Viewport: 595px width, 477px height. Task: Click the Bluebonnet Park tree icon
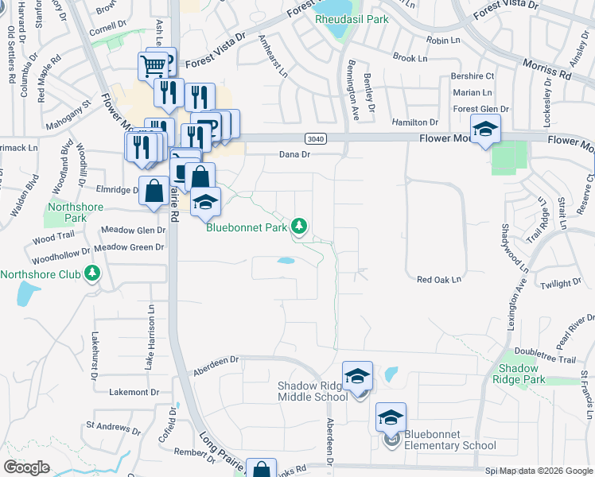point(299,227)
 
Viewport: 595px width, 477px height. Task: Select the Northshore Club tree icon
point(93,274)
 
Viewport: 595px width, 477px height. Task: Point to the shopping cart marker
point(156,64)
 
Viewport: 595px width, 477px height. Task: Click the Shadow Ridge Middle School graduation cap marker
point(357,376)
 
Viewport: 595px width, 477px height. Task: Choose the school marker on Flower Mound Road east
point(484,130)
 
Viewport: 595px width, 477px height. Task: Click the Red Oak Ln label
point(439,280)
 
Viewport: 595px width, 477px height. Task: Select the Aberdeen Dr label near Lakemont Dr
point(216,363)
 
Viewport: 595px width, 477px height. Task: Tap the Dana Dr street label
point(294,155)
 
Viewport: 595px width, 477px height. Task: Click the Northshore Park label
point(67,212)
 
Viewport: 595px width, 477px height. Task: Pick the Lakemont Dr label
point(134,392)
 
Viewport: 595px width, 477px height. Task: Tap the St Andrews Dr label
point(113,427)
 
